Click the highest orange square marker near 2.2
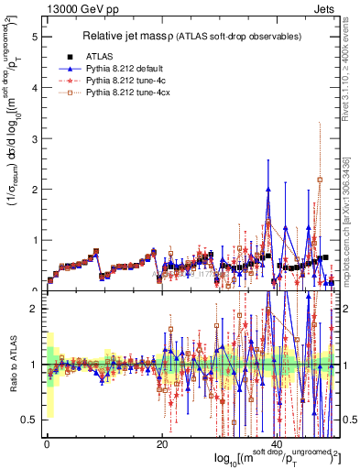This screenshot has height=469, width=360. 320,180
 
